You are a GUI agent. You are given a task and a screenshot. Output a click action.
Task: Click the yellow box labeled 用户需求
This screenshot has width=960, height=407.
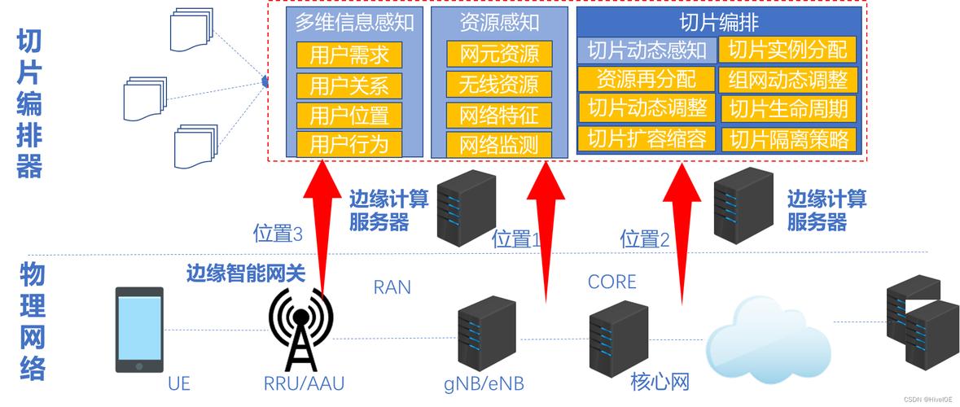click(x=349, y=55)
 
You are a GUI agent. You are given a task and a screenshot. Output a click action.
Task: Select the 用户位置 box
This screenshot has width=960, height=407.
click(x=349, y=115)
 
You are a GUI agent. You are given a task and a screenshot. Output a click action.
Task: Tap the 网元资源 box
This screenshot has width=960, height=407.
click(x=499, y=55)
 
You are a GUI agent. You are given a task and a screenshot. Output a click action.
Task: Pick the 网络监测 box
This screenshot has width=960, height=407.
click(x=499, y=145)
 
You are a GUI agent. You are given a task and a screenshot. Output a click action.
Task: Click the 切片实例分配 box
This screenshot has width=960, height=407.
click(x=787, y=50)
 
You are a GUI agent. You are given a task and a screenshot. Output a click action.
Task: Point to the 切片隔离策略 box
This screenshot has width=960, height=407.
click(x=789, y=139)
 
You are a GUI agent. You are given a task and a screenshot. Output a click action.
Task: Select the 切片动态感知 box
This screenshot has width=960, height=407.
click(x=647, y=50)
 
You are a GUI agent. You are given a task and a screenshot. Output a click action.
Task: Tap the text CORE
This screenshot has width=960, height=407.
click(x=612, y=282)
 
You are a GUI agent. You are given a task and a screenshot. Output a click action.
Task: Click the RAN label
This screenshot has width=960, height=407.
click(x=392, y=287)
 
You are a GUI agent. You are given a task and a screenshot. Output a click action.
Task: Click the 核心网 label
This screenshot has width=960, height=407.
click(x=660, y=381)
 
